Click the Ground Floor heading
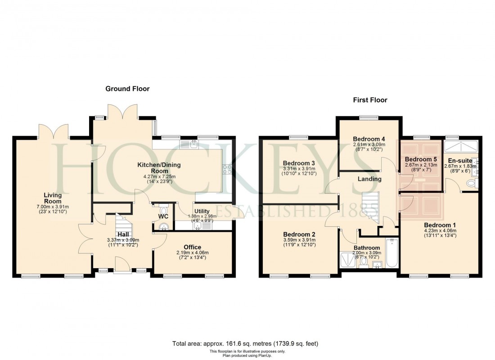127,89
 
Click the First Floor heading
370,100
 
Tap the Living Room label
53,198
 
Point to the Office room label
192,247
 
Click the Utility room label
202,211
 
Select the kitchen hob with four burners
227,169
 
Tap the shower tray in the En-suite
460,147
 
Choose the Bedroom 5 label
420,159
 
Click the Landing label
369,179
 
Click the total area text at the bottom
245,344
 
